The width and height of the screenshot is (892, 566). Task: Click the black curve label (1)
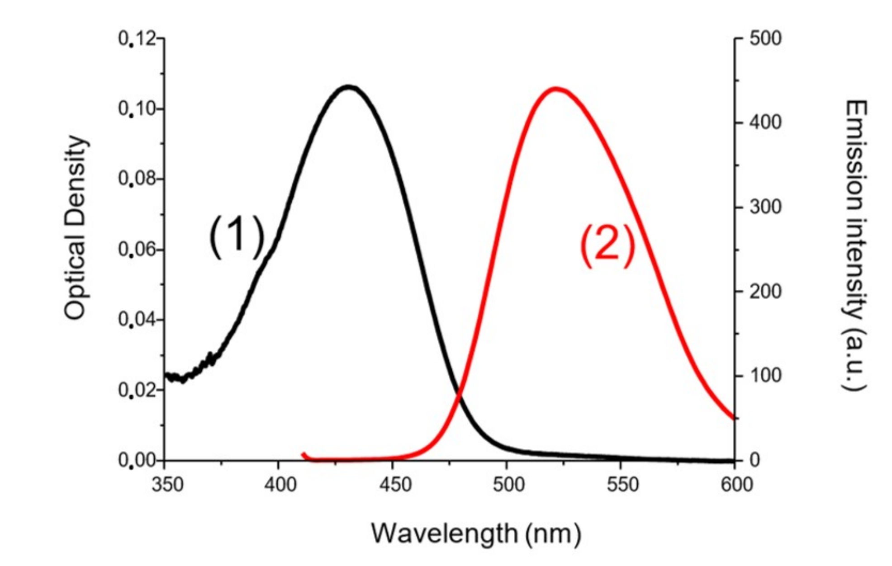coord(237,236)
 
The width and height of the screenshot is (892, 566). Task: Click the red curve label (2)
coord(607,247)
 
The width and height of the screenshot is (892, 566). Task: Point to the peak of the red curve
coord(556,89)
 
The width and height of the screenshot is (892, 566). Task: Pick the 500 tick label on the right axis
coord(765,39)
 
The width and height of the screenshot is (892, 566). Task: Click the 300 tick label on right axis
coord(765,207)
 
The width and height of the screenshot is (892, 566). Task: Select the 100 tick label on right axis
coord(765,376)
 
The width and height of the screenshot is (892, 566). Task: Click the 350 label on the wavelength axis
coord(167,485)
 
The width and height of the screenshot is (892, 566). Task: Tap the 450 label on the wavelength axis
coord(395,485)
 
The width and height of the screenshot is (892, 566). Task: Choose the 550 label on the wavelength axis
coord(622,485)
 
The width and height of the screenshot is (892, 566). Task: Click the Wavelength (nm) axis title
coord(476,533)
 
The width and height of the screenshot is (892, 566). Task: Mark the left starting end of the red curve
coord(303,454)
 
